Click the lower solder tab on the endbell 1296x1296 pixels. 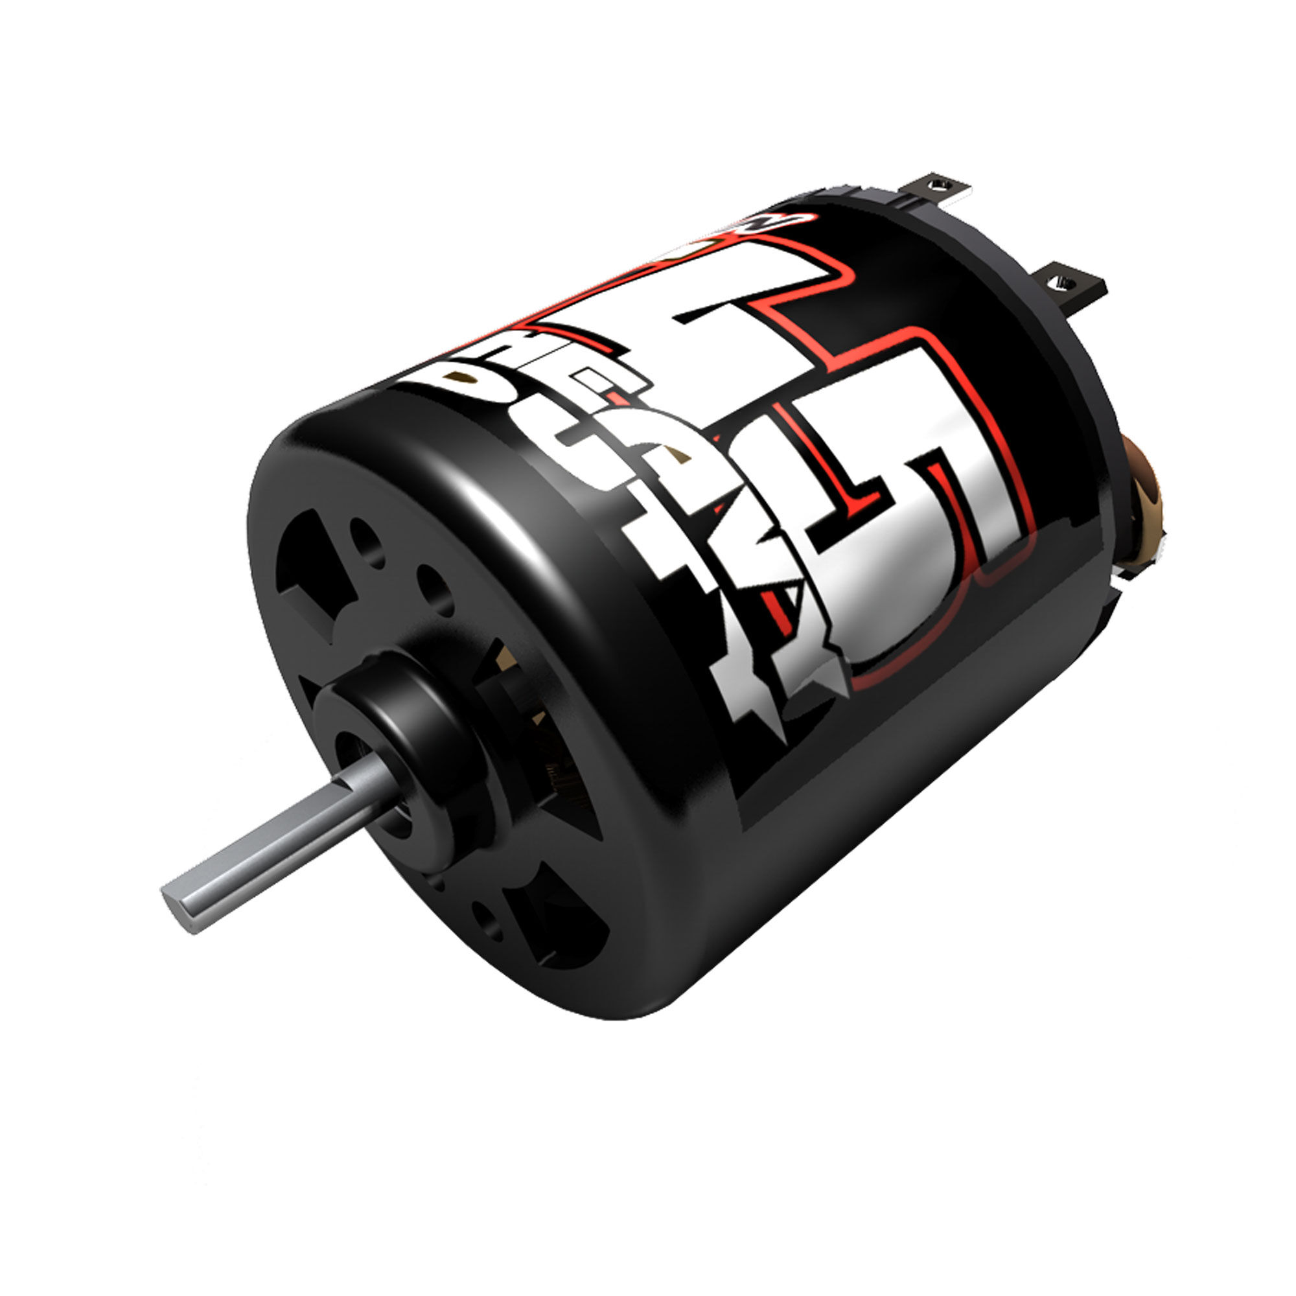tap(1069, 285)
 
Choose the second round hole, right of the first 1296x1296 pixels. tap(436, 590)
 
